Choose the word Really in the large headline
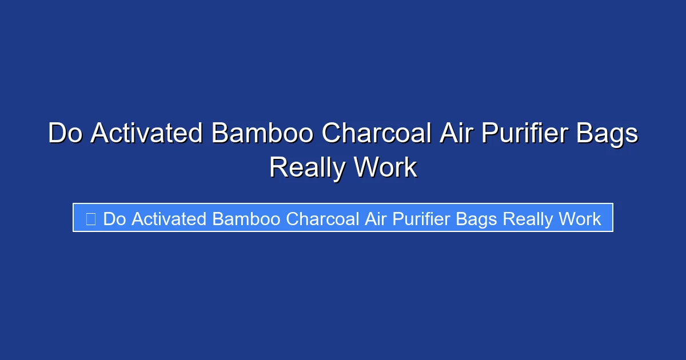[307, 168]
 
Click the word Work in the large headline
[385, 168]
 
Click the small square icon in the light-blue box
[90, 218]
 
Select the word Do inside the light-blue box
[114, 219]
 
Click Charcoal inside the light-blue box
[322, 219]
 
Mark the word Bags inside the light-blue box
[480, 219]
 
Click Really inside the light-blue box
[528, 219]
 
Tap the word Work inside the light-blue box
[580, 219]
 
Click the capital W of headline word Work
[368, 168]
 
